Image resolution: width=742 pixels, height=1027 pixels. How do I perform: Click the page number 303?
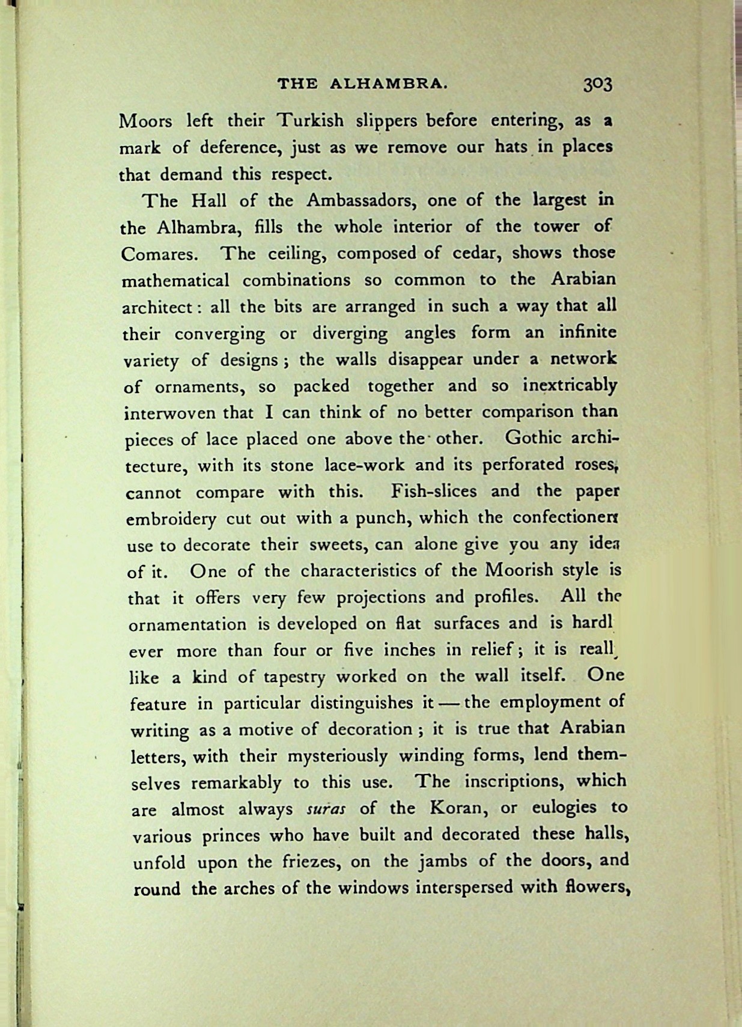[x=597, y=84]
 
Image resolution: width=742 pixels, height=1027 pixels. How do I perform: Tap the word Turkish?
[x=310, y=121]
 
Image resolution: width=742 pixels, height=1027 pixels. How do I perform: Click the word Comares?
[x=159, y=254]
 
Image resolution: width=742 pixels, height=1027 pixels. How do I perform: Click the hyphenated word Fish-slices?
[x=435, y=491]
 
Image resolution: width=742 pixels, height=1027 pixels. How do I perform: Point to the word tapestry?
[x=294, y=677]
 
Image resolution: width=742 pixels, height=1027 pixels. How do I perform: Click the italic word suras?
[x=326, y=809]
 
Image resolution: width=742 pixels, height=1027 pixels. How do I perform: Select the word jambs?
[x=443, y=862]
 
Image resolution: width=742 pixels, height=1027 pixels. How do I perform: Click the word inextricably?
[x=570, y=385]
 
